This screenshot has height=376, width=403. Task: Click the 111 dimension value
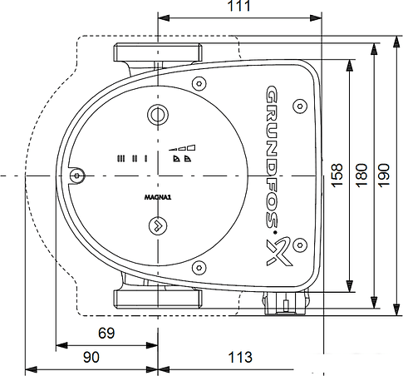coord(238,7)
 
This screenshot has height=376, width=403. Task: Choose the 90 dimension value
coord(91,357)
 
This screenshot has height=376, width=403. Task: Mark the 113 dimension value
coord(239,357)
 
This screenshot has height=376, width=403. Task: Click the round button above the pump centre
coord(156,116)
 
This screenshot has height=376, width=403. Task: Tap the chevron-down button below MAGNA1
coord(156,225)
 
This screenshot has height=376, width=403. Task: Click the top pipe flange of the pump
coord(157,52)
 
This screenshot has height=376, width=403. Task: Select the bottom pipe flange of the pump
coord(157,299)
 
